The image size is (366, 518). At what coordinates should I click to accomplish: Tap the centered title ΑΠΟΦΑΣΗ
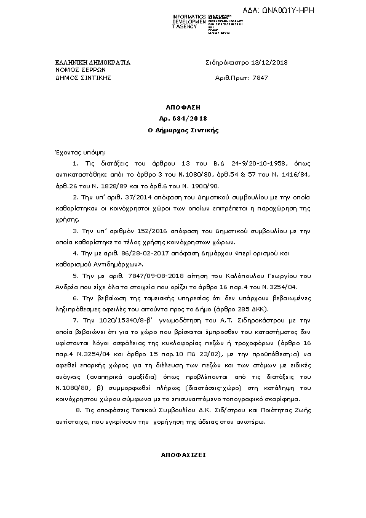click(x=183, y=107)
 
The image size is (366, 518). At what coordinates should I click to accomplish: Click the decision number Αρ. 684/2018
click(x=183, y=118)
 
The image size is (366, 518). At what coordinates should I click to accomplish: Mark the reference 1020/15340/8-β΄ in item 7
click(x=117, y=320)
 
